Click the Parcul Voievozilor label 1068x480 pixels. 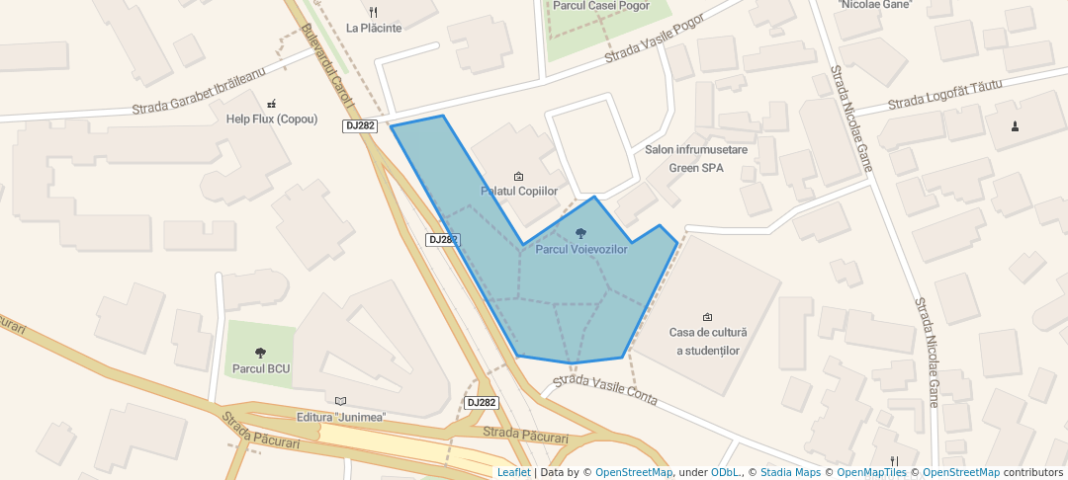tap(581, 250)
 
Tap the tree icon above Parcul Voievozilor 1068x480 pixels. tap(580, 233)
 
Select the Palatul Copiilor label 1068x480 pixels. tap(519, 191)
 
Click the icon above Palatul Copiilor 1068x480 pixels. tap(519, 176)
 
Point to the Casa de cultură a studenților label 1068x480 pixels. tap(708, 342)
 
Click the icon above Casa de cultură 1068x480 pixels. tap(707, 317)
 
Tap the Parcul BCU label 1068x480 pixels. tap(261, 368)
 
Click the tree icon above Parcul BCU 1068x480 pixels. tap(261, 352)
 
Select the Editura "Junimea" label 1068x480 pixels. tap(340, 417)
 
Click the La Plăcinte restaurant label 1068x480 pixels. tap(374, 28)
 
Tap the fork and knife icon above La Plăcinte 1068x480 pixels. tap(373, 12)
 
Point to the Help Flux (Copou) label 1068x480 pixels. tap(272, 119)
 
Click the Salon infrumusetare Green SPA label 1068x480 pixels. tap(696, 158)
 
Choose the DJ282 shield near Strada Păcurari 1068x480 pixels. tap(482, 403)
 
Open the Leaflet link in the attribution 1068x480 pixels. tap(513, 472)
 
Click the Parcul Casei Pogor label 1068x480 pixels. tap(601, 5)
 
